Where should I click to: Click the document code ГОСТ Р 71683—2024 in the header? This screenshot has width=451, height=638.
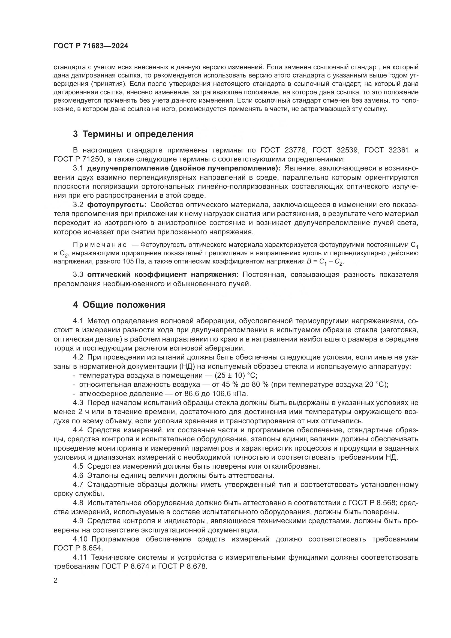click(x=91, y=46)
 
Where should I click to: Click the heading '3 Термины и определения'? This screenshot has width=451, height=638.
click(x=133, y=134)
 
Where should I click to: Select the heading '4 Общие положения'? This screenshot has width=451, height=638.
click(x=119, y=305)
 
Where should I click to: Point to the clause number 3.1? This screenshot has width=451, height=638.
click(x=78, y=168)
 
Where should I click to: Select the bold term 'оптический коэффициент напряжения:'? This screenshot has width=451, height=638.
click(x=163, y=275)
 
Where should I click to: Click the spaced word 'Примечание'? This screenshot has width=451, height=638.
click(x=100, y=244)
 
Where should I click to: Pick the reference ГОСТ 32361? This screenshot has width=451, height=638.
click(x=387, y=150)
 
